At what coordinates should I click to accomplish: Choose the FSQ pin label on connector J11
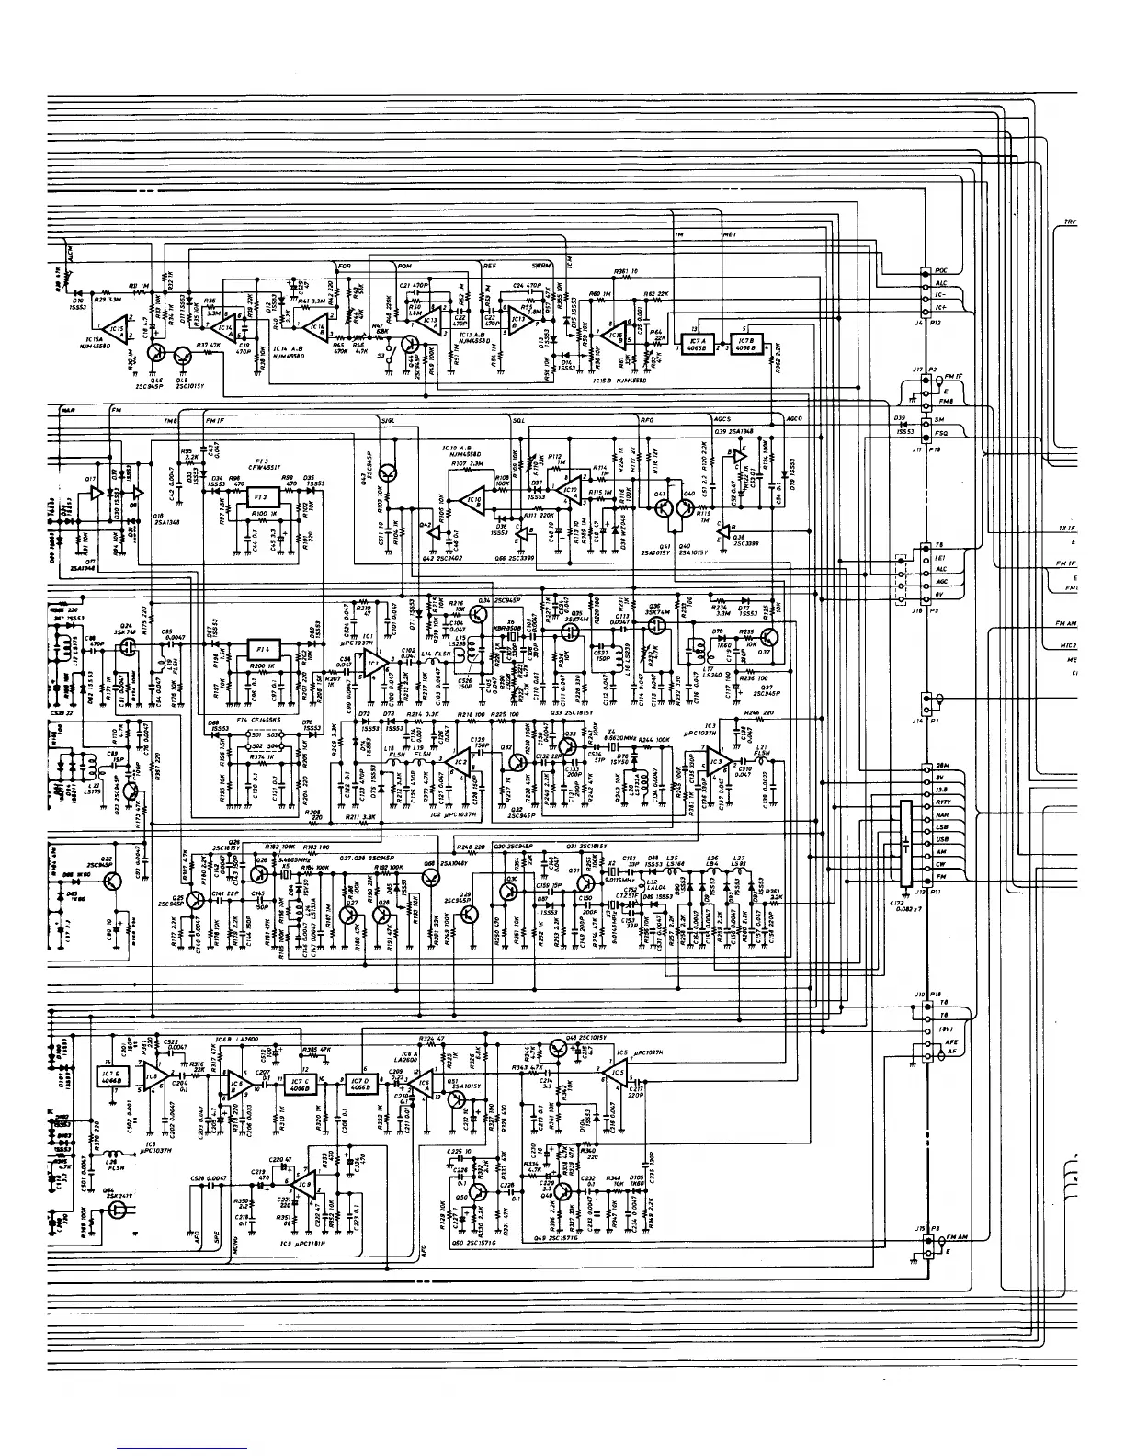pos(941,433)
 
